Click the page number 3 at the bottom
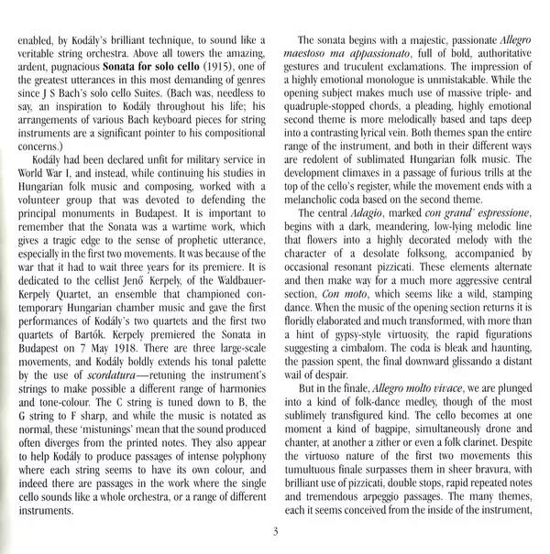point(274,531)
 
